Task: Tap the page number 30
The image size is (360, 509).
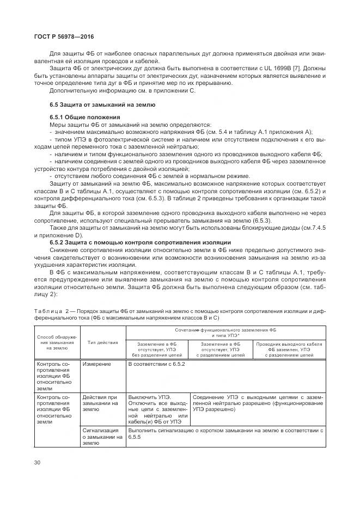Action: point(37,462)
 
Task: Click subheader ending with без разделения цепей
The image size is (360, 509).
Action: point(158,349)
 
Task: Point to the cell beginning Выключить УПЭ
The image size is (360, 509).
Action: point(158,409)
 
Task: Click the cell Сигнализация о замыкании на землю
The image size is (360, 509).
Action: point(103,437)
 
